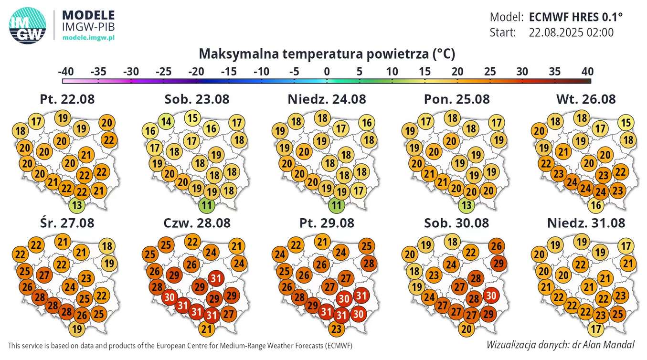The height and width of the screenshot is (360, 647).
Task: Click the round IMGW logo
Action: pos(28,26)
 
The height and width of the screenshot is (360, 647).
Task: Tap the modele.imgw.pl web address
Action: pos(88,37)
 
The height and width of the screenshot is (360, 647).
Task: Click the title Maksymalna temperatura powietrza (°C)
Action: pos(327,53)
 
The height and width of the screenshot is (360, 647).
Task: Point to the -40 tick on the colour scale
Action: pos(65,72)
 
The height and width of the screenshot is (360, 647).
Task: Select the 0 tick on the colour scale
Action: pos(327,72)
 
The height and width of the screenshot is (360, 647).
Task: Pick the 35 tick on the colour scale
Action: pos(555,72)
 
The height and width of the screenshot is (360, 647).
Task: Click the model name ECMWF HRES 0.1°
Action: pos(576,17)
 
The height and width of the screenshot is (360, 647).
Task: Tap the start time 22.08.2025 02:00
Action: pos(571,32)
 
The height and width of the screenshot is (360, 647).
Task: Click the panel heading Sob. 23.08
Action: pos(197,99)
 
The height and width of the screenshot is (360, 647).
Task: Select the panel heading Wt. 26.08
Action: pos(586,99)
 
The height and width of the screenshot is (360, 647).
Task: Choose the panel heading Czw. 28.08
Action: pos(197,223)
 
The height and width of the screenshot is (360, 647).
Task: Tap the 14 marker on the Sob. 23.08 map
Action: pos(166,121)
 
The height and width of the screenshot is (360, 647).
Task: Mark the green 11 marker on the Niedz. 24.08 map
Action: pos(338,206)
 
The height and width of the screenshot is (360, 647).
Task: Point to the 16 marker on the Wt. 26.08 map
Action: pos(596,206)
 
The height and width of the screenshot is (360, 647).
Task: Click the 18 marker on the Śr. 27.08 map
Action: pos(107,246)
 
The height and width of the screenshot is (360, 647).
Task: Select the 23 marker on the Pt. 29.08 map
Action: pos(336,328)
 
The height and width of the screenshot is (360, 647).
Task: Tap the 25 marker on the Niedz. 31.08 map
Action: pos(617,314)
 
